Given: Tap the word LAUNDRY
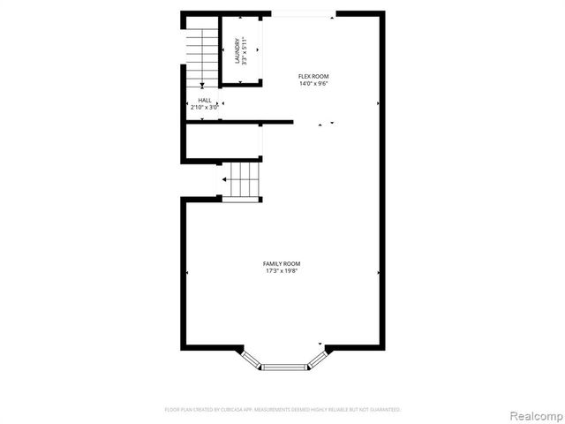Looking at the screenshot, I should click(x=237, y=50).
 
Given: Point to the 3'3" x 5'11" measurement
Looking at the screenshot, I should click(x=245, y=50).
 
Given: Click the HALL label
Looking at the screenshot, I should click(x=205, y=101).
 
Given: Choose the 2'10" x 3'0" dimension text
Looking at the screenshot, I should click(x=205, y=108).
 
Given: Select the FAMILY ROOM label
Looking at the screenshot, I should click(x=282, y=264).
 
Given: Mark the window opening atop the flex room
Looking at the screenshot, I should click(x=299, y=13).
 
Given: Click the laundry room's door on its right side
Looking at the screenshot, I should click(x=261, y=50).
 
